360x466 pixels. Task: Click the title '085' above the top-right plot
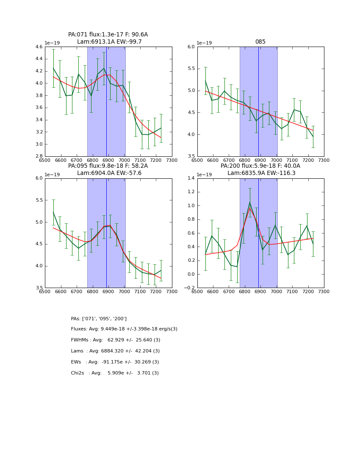(x=260, y=42)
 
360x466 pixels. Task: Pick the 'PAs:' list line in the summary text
(x=99, y=319)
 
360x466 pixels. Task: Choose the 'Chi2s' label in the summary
(x=78, y=373)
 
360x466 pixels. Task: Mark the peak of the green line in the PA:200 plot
(x=250, y=202)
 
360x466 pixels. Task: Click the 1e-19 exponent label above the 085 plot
(x=205, y=43)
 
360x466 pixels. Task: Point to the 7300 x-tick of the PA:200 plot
(x=324, y=291)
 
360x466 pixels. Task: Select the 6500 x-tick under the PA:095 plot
(x=45, y=291)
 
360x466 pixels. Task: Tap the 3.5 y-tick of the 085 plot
(x=191, y=156)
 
